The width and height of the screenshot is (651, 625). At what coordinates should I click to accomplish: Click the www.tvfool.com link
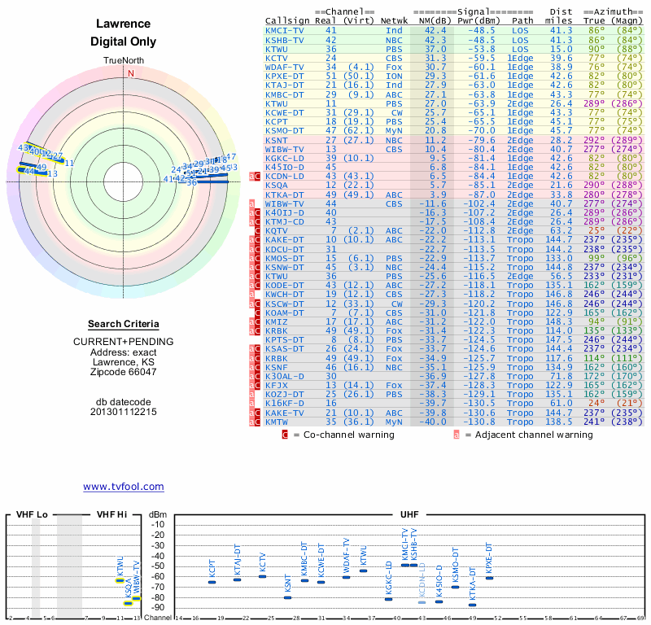[x=123, y=487]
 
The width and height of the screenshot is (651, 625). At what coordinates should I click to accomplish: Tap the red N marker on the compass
[x=129, y=72]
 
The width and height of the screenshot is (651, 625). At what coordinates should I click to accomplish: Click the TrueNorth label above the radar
[x=129, y=62]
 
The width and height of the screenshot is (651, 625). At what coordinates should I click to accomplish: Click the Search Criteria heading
[x=129, y=324]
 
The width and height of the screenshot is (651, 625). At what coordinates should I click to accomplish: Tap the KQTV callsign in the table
[x=277, y=230]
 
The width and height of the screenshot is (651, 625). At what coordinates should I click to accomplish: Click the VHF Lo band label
[x=32, y=515]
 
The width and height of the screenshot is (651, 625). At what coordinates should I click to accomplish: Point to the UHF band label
[x=409, y=515]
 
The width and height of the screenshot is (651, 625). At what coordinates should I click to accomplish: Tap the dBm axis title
[x=157, y=515]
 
